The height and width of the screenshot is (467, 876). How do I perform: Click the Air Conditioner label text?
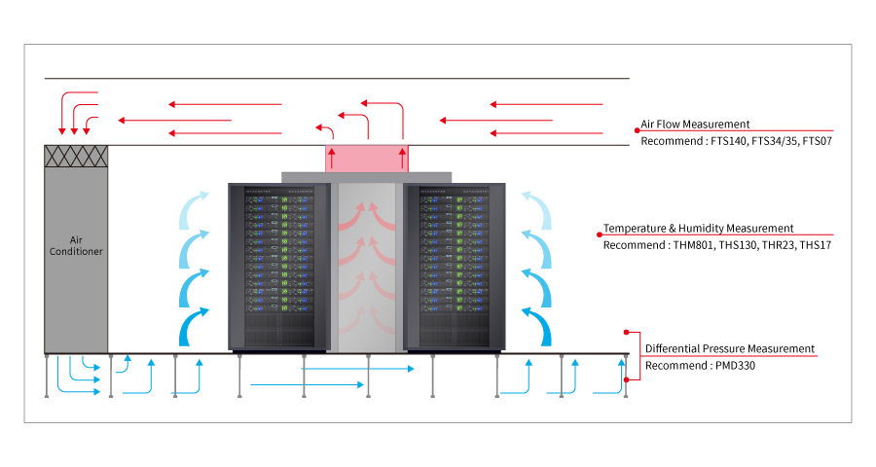[x=76, y=244]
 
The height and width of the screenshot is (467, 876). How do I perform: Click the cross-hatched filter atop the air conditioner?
[x=76, y=156]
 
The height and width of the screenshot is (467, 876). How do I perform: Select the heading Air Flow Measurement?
[x=695, y=125]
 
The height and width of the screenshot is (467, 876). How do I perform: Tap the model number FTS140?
[x=728, y=141]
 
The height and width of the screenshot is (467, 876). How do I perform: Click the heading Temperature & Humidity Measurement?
[x=698, y=229]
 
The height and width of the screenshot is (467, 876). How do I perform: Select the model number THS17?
[x=816, y=245]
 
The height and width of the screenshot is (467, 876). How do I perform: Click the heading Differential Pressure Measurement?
[x=730, y=348]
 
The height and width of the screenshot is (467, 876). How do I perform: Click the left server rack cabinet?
[x=276, y=266]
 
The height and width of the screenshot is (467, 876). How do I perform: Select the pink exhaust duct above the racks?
[x=367, y=158]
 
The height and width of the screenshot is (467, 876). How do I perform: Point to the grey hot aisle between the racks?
[x=367, y=268]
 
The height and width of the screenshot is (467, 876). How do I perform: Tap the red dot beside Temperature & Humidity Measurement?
[x=599, y=233]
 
